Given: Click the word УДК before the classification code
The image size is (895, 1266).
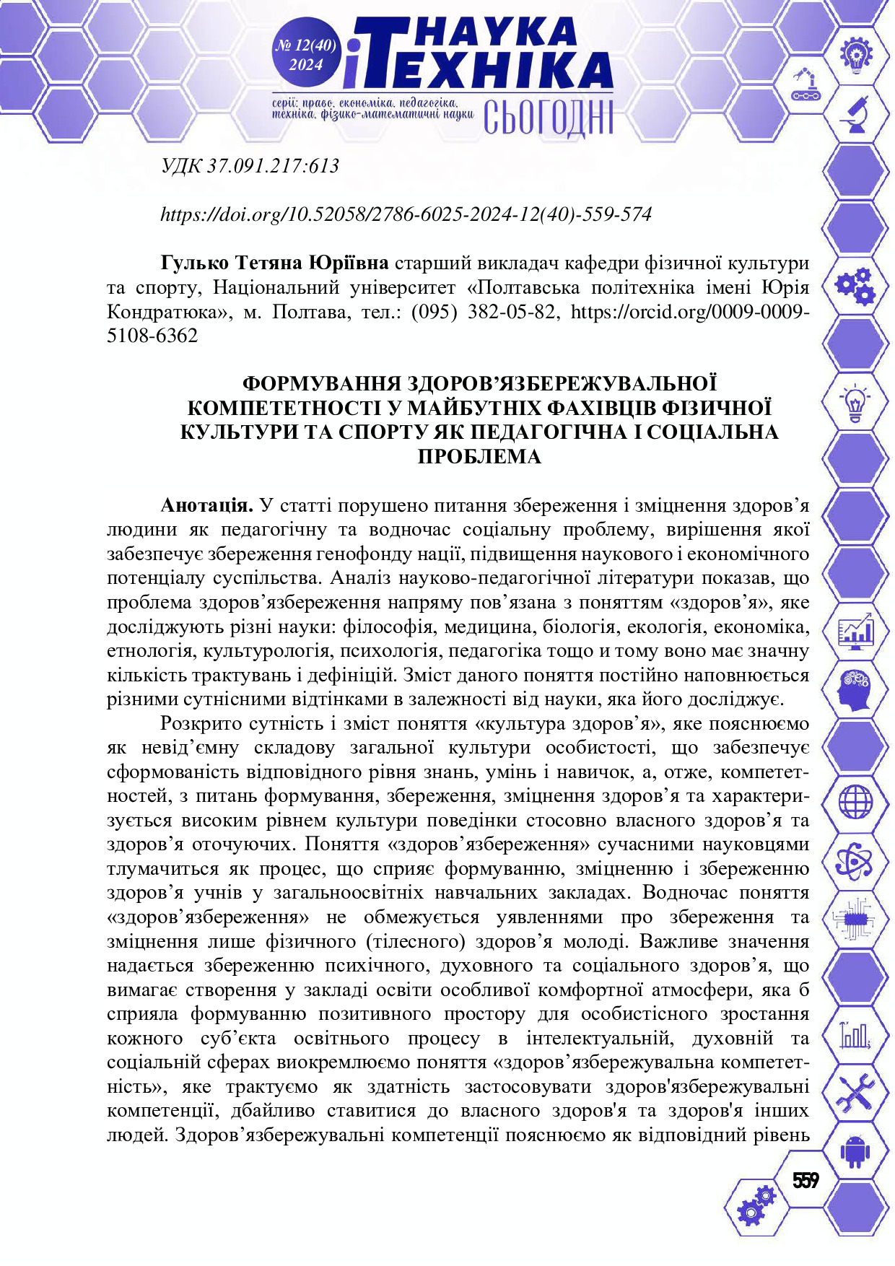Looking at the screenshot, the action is tap(181, 167).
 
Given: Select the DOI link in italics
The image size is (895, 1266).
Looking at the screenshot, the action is tap(406, 214).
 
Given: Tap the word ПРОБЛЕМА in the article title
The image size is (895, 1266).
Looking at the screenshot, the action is tap(479, 457).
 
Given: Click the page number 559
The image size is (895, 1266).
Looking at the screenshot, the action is tap(805, 1180).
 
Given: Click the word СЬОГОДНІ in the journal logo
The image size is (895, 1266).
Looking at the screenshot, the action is tap(548, 118).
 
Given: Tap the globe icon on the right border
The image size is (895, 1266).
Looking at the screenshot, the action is tap(855, 802).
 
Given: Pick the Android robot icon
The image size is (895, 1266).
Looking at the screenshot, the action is tap(855, 1151).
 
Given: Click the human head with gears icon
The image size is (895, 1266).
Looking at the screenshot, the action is tap(855, 689).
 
